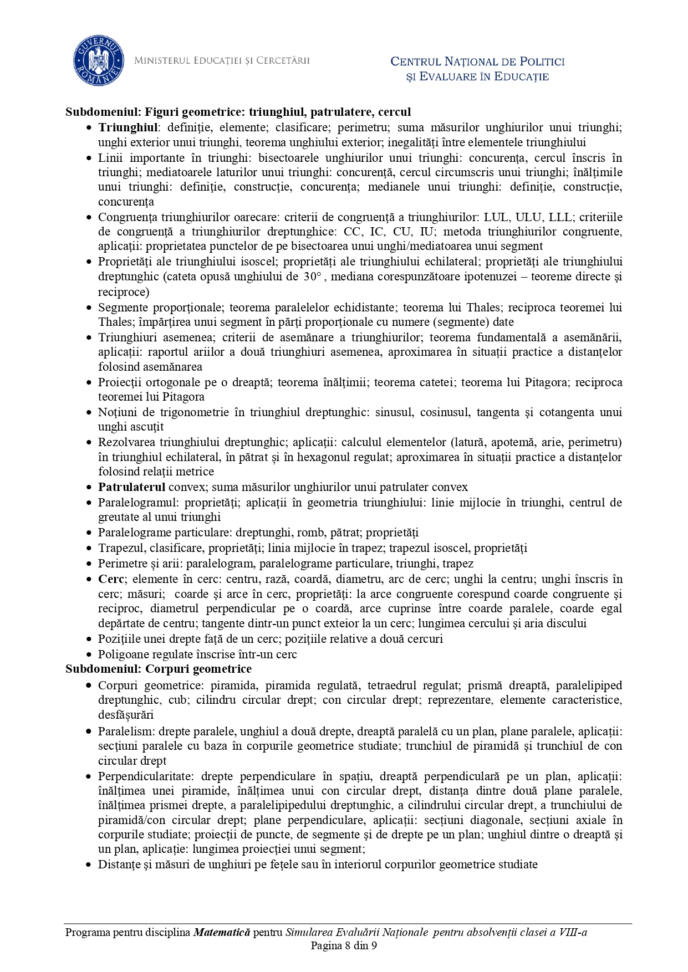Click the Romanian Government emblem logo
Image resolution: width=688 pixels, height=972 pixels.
[x=99, y=62]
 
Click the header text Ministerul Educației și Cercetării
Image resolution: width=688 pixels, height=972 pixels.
[x=222, y=60]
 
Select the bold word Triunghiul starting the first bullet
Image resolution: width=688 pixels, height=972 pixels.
[x=128, y=127]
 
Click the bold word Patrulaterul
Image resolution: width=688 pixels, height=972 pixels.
[x=132, y=487]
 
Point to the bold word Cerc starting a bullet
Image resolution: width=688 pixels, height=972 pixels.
[x=111, y=579]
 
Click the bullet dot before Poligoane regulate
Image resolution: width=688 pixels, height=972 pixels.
[x=89, y=654]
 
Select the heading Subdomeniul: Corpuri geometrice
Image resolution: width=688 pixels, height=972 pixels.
[x=159, y=668]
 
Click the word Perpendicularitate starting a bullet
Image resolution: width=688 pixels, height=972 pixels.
[x=146, y=776]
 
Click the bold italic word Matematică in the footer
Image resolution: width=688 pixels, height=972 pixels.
[x=222, y=932]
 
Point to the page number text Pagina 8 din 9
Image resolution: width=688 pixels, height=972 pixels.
[x=344, y=945]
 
